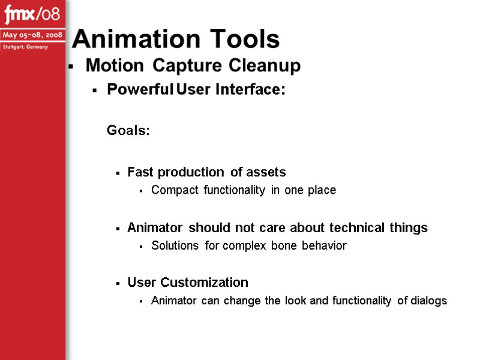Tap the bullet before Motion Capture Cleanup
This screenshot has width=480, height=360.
(71, 67)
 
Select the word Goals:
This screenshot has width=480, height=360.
(128, 130)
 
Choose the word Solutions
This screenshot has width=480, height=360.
(176, 245)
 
